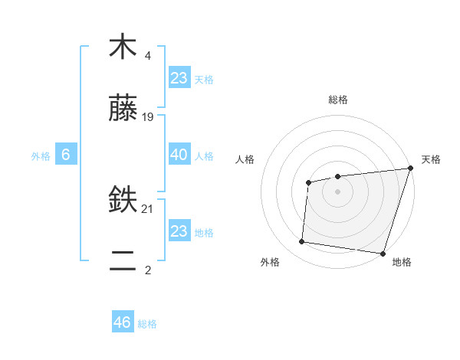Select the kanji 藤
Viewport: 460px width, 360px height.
[123, 110]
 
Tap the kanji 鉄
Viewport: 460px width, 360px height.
[123, 201]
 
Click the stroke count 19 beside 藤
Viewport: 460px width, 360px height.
[148, 117]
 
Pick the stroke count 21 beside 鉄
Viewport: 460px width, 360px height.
[148, 208]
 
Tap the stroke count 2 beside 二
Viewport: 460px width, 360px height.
[148, 270]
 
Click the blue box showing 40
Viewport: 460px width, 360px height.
[179, 155]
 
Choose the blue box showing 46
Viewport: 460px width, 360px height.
[123, 322]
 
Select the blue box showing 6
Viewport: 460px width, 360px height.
[66, 155]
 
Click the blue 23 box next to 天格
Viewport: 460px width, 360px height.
[179, 77]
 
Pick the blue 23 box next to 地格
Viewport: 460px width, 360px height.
[179, 231]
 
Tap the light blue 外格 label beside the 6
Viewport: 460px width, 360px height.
[41, 156]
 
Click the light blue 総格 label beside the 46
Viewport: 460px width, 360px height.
[147, 324]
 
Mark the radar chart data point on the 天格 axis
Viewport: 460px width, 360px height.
[410, 169]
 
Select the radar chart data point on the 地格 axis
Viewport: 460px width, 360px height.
[383, 253]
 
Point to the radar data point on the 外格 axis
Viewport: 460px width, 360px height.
[302, 242]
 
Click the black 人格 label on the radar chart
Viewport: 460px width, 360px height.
[245, 159]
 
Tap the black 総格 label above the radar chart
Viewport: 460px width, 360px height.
[337, 100]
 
